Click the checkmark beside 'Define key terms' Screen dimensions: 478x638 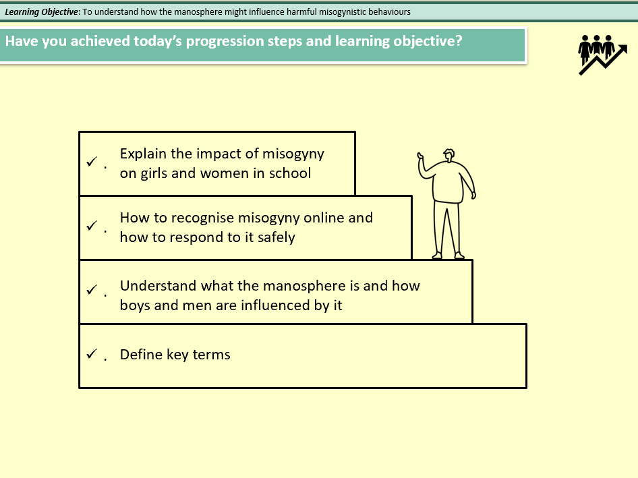pyautogui.click(x=91, y=355)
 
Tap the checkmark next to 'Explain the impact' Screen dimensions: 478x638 pyautogui.click(x=91, y=162)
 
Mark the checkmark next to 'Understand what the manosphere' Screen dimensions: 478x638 pyautogui.click(x=91, y=290)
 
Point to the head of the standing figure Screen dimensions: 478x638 pyautogui.click(x=448, y=154)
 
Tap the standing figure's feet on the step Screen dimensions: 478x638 pyautogui.click(x=448, y=256)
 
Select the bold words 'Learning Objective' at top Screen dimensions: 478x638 pyautogui.click(x=42, y=12)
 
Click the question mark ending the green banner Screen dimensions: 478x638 pyautogui.click(x=459, y=40)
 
